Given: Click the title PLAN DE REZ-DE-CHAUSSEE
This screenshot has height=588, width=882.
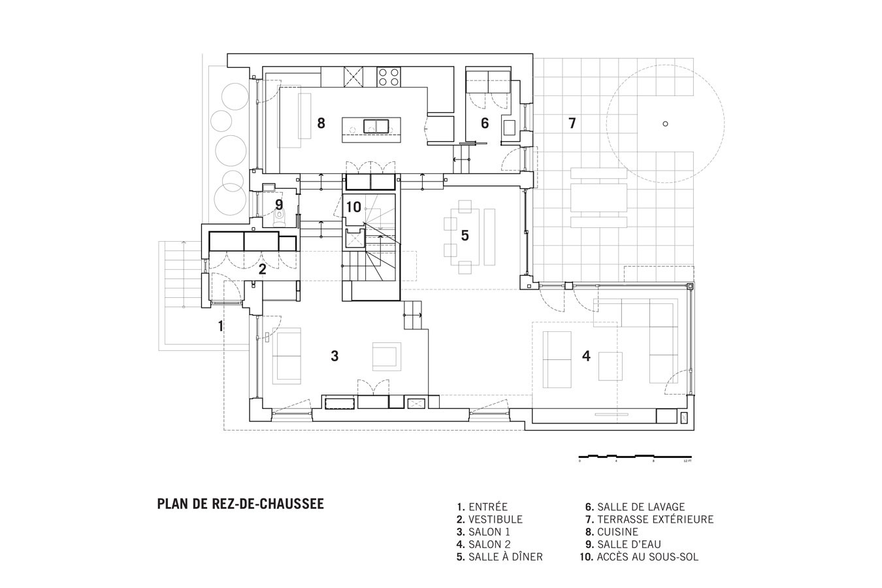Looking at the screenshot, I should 240,504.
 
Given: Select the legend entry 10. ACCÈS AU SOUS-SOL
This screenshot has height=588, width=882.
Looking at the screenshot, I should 638,557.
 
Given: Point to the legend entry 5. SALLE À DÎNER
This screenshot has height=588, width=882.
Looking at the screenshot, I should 500,557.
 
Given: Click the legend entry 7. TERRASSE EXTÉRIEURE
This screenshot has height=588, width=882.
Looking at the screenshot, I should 649,519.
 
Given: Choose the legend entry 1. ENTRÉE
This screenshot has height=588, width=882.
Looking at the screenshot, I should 482,506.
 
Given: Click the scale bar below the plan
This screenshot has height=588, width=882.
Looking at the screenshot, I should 635,455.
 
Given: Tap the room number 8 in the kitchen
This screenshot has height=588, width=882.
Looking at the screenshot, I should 321,122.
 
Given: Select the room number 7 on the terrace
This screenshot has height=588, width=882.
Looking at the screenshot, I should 572,123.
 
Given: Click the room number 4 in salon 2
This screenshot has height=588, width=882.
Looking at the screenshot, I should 586,356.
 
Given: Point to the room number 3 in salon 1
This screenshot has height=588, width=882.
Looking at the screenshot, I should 335,356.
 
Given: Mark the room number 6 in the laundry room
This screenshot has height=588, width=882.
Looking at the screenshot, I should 485,123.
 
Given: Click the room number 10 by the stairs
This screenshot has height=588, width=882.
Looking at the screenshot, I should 353,207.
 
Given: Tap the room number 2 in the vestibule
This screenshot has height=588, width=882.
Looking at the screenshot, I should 262,269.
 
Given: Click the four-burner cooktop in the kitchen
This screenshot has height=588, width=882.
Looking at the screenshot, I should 388,77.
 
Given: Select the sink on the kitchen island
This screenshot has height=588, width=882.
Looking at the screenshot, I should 376,125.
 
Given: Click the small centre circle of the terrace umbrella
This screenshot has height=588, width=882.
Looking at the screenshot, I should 665,123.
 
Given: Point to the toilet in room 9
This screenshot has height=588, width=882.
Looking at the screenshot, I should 280,219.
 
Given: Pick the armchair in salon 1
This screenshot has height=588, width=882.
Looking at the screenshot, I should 386,356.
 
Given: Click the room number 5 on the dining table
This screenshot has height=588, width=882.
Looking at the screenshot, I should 465,235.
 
